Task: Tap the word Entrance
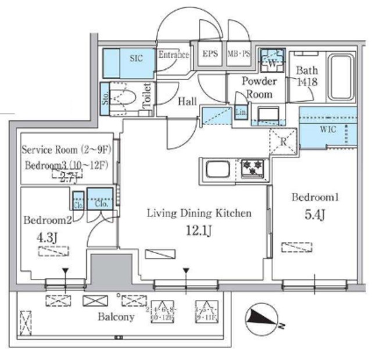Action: click(173, 55)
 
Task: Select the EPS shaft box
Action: click(210, 55)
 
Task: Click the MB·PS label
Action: click(239, 55)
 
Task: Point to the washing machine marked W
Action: click(271, 59)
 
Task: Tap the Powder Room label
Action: click(259, 87)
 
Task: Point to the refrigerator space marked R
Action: click(283, 140)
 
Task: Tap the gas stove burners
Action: click(253, 169)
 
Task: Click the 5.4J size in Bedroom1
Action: click(314, 216)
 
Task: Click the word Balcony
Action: click(116, 317)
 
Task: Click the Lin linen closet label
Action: click(241, 112)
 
